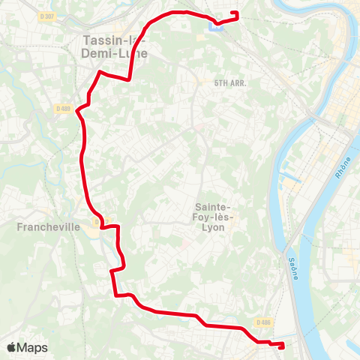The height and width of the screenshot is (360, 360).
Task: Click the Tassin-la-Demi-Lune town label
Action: click(x=115, y=46)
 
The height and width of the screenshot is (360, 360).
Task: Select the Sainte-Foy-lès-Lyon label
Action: click(x=214, y=217)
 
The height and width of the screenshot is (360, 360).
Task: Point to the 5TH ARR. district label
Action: click(x=229, y=83)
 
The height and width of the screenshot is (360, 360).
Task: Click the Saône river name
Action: click(x=292, y=266)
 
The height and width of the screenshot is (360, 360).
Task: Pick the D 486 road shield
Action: click(x=262, y=322)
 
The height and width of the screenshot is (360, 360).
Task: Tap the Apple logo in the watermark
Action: click(x=12, y=347)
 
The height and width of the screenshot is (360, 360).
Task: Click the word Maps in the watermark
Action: click(x=32, y=348)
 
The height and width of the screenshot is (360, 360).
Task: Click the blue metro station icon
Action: click(x=216, y=28)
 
